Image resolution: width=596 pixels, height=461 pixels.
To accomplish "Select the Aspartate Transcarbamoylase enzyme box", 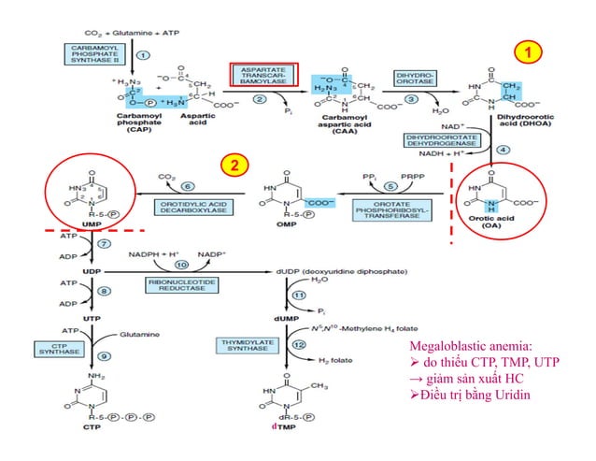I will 263,75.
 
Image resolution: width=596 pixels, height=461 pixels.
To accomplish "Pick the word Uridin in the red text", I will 537,394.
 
